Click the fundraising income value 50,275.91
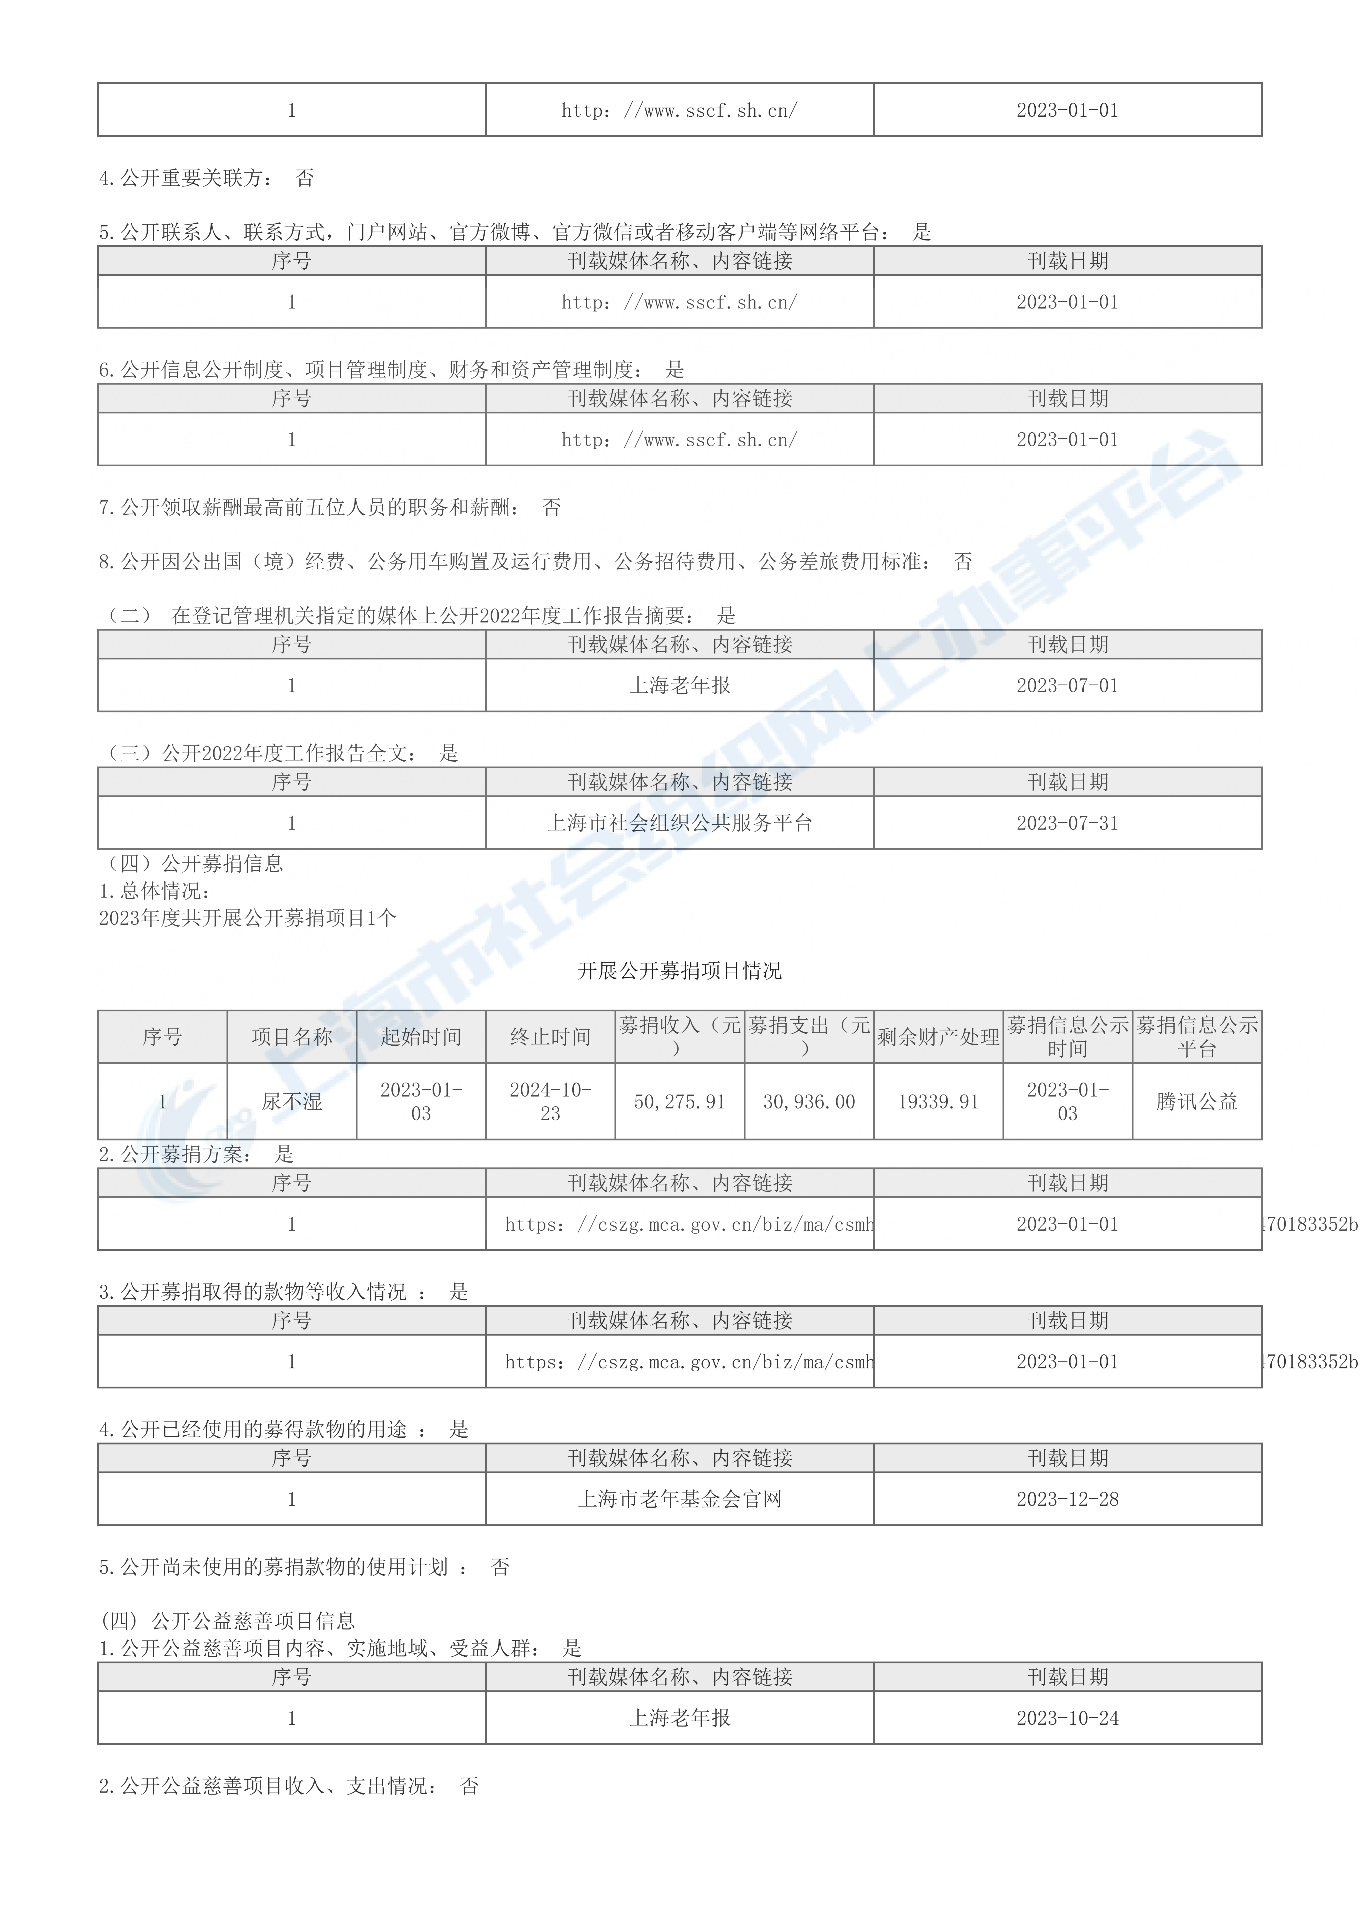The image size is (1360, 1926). [x=679, y=1101]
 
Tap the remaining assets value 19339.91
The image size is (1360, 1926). [x=938, y=1101]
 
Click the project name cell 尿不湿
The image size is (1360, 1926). [x=292, y=1101]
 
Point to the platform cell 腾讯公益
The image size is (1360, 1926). [x=1197, y=1101]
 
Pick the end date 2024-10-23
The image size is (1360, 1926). [x=550, y=1101]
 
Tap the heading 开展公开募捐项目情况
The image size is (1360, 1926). [x=679, y=970]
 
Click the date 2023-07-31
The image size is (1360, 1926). [x=1067, y=823]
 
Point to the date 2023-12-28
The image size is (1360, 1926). [x=1067, y=1499]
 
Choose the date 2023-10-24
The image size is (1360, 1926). [x=1067, y=1718]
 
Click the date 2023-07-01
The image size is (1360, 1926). [x=1067, y=685]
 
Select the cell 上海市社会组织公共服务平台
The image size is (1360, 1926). [x=679, y=823]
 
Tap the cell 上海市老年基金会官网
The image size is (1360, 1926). [x=679, y=1499]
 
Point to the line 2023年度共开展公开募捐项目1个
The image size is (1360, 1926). [x=247, y=918]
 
